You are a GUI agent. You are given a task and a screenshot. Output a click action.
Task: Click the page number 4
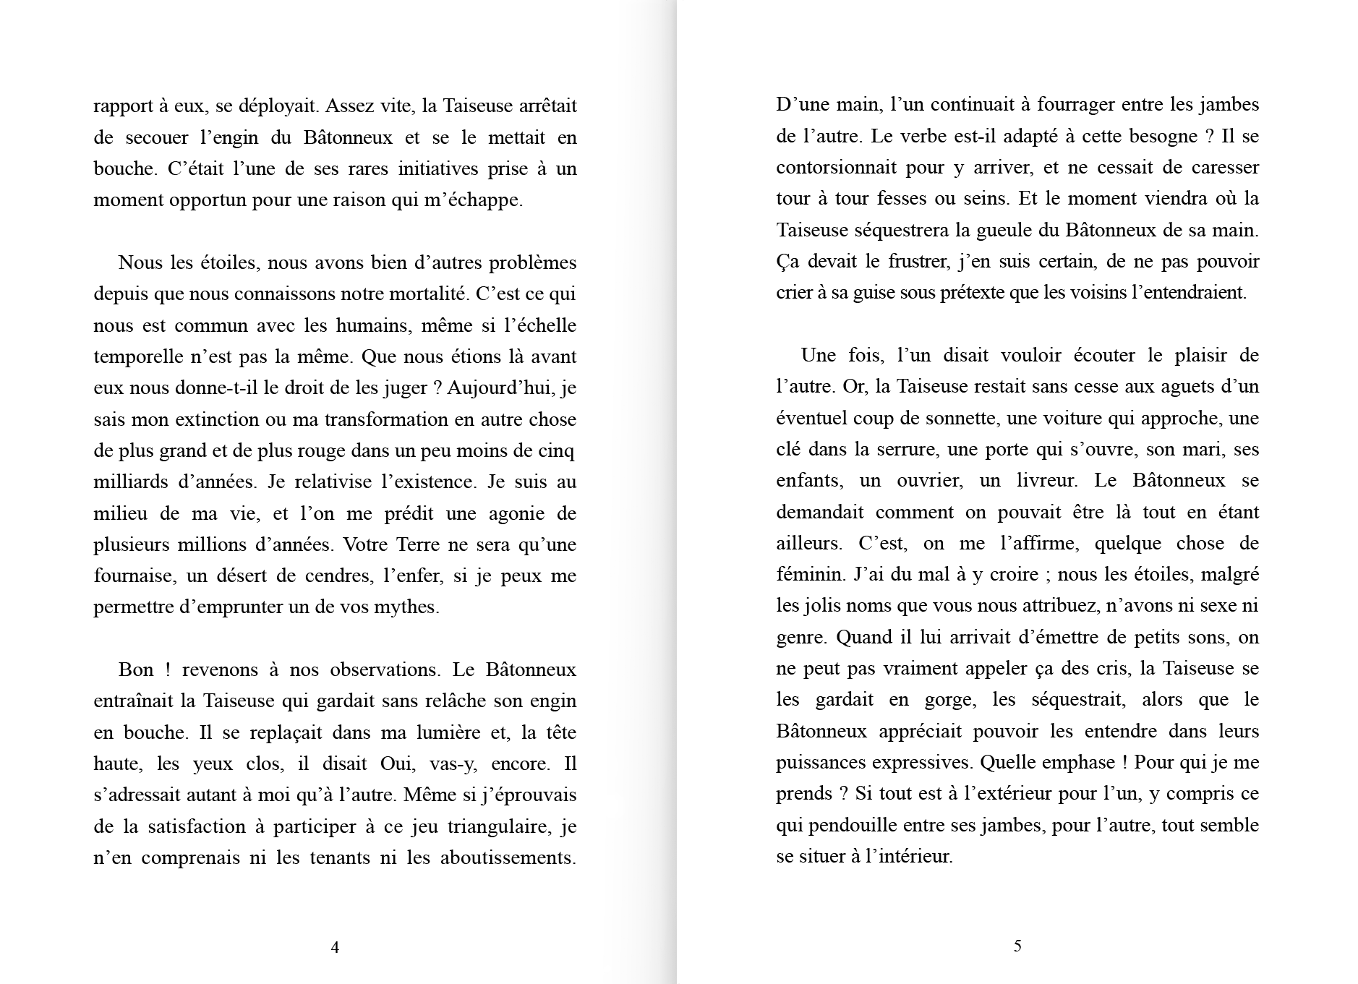335,947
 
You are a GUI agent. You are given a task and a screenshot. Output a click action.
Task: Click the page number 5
1017,946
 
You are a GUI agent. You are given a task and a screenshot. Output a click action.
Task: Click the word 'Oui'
395,764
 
